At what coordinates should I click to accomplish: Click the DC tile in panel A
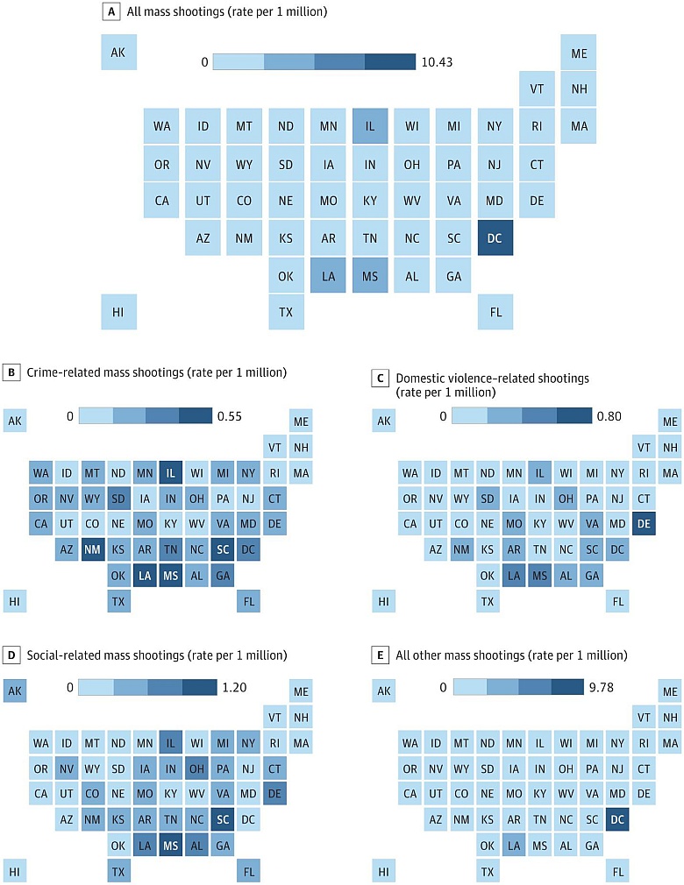pyautogui.click(x=495, y=237)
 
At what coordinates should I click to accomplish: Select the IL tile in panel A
pyautogui.click(x=370, y=126)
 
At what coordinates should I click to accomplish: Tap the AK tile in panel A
pyautogui.click(x=118, y=53)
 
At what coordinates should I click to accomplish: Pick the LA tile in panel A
pyautogui.click(x=328, y=275)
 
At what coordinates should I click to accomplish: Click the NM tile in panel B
pyautogui.click(x=92, y=549)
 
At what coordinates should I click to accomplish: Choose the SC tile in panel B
pyautogui.click(x=222, y=549)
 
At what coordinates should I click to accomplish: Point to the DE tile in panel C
pyautogui.click(x=645, y=524)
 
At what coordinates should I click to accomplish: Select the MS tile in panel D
pyautogui.click(x=170, y=845)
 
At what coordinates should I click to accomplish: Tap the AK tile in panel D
pyautogui.click(x=14, y=690)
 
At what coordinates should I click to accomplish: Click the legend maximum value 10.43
pyautogui.click(x=437, y=62)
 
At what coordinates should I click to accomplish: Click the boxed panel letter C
pyautogui.click(x=380, y=378)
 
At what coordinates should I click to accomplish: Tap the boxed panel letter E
pyautogui.click(x=380, y=655)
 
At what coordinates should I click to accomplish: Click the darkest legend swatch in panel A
pyautogui.click(x=390, y=61)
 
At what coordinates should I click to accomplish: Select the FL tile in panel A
pyautogui.click(x=495, y=311)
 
